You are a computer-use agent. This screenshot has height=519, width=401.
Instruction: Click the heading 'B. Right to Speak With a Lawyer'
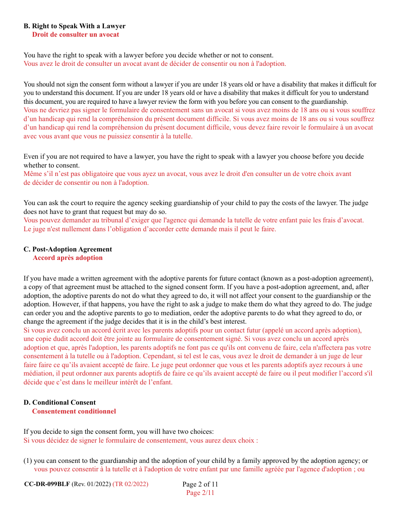pos(74,26)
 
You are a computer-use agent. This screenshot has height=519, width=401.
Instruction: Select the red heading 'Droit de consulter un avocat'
pos(76,35)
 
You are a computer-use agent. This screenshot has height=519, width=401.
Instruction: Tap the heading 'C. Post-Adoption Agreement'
pos(68,249)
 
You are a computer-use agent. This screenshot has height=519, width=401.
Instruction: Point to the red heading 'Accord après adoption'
pos(68,258)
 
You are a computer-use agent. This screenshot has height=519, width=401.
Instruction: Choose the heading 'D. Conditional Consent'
pos(60,403)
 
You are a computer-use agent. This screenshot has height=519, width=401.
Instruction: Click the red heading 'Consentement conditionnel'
pos(74,411)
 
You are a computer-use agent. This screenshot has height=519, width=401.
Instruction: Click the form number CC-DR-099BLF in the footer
pos(47,484)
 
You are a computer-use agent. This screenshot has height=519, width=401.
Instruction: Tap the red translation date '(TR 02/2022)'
pos(130,484)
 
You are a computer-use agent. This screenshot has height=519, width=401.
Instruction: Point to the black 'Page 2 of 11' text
pos(200,484)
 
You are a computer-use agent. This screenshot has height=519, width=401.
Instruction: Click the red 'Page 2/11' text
pos(200,493)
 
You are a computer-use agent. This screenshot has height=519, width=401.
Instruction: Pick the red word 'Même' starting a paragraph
pos(32,174)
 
